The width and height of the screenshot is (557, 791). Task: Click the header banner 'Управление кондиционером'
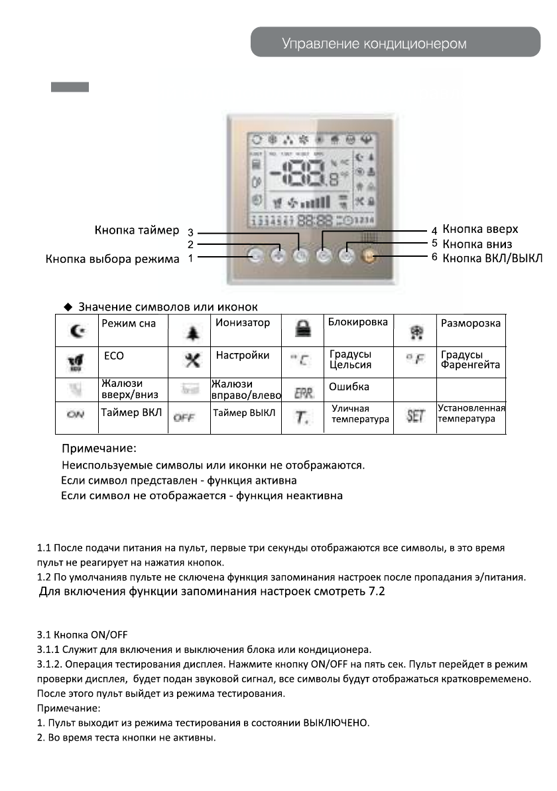(374, 44)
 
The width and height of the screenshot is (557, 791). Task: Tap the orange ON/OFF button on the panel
(369, 256)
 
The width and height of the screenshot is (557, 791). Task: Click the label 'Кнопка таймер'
(137, 231)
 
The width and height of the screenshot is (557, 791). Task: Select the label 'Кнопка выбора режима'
(112, 259)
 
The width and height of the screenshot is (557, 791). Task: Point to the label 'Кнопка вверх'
(480, 230)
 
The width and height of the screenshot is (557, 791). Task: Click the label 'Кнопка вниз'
(477, 244)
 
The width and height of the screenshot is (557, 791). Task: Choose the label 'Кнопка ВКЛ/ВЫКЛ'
(492, 258)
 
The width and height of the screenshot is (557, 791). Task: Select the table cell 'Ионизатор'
(243, 323)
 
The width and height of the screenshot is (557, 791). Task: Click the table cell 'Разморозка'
(471, 323)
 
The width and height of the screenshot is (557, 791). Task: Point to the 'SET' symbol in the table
(415, 417)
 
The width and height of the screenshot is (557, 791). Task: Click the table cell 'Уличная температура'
(360, 414)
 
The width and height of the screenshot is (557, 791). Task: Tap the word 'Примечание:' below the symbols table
(99, 449)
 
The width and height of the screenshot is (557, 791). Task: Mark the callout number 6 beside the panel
(434, 257)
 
